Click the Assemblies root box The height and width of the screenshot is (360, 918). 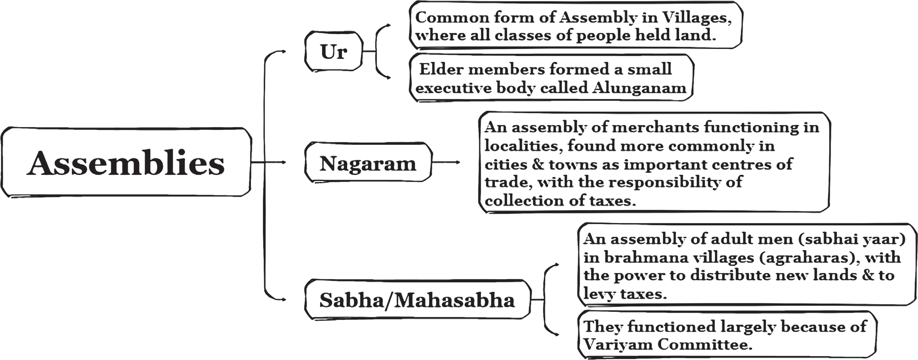tap(126, 162)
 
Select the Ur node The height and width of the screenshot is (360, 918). tap(334, 51)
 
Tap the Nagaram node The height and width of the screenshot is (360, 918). tap(368, 162)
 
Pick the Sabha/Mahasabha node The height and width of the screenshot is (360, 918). tap(417, 299)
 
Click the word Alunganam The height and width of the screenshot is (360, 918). tap(639, 88)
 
